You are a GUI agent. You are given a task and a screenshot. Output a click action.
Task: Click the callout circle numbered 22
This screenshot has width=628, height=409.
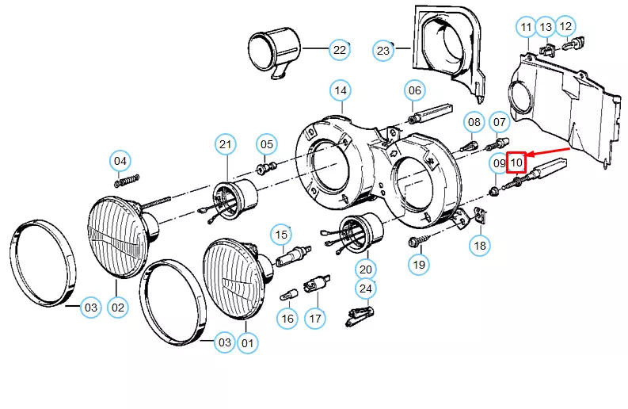pos(339,50)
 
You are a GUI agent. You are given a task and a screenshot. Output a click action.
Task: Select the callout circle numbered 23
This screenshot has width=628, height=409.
pos(383,51)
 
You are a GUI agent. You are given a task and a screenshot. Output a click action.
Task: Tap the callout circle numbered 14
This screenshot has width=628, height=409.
pos(341,91)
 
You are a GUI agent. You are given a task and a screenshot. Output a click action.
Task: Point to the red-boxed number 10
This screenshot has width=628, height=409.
pos(516,163)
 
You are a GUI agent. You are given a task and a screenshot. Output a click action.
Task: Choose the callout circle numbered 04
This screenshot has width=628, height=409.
pos(120,161)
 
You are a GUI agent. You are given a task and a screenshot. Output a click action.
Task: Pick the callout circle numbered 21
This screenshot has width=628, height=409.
pos(226,143)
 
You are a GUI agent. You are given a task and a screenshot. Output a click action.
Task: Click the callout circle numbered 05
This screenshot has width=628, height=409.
pos(266,144)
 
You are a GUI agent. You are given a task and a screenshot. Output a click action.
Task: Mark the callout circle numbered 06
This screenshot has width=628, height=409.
pos(416,90)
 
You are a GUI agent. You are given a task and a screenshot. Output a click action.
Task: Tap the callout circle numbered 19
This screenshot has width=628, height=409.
pos(419,263)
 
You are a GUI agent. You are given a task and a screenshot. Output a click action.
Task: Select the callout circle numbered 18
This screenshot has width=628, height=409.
pos(480,246)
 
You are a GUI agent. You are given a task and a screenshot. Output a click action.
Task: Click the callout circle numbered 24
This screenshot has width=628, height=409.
pos(365,289)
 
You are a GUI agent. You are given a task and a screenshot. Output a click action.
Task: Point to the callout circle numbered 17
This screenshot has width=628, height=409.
pos(315,319)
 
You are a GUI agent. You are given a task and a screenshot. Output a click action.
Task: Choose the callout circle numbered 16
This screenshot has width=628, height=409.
pos(287,319)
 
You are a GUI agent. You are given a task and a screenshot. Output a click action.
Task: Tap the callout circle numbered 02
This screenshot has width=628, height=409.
pos(118,307)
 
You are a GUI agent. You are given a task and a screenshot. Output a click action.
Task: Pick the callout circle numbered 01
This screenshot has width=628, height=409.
pos(247,342)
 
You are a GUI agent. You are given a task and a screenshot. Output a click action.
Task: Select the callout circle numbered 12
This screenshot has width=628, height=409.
pos(565,27)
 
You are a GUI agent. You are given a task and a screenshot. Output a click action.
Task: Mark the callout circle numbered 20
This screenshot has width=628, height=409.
pos(365,267)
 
